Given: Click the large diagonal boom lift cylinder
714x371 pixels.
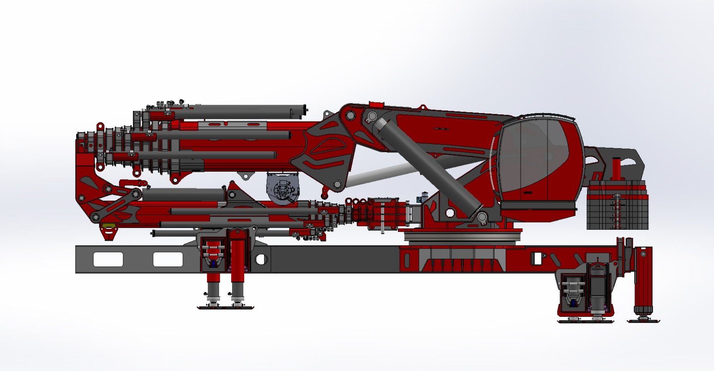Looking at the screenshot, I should (428, 165).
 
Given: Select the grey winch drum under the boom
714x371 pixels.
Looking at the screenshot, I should (282, 190).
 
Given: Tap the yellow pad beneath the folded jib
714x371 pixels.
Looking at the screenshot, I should (106, 224).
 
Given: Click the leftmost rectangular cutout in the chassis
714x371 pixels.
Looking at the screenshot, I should (108, 259).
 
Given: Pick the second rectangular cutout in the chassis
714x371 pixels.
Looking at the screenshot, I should (168, 259).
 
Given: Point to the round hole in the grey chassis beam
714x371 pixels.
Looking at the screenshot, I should (261, 259).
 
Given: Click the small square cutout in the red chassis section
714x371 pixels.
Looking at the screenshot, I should (537, 258).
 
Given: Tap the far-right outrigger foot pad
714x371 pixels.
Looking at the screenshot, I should (643, 320).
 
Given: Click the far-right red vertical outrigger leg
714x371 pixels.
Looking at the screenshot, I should (643, 277).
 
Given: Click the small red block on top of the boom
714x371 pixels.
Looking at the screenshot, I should (376, 105).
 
